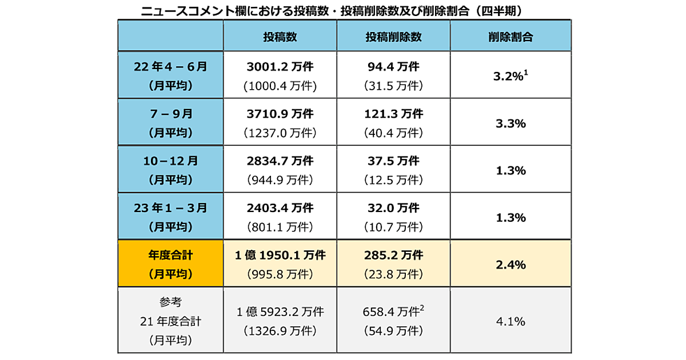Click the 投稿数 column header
click(x=280, y=37)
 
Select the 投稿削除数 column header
click(x=393, y=37)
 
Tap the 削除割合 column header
click(x=510, y=37)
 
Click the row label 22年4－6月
click(x=170, y=67)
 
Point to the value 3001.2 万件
click(x=280, y=67)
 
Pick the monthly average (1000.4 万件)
click(x=280, y=86)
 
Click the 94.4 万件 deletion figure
click(x=393, y=67)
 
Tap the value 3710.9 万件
click(x=280, y=114)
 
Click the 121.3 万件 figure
click(x=393, y=114)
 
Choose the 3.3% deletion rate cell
click(x=510, y=123)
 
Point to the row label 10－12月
click(x=170, y=161)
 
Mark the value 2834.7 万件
click(x=280, y=161)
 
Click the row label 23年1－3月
click(x=170, y=208)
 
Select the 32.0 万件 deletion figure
click(x=393, y=208)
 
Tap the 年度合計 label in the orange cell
click(x=170, y=255)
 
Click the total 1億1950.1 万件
click(x=280, y=255)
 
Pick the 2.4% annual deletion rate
click(x=510, y=265)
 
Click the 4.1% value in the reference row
click(x=510, y=321)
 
